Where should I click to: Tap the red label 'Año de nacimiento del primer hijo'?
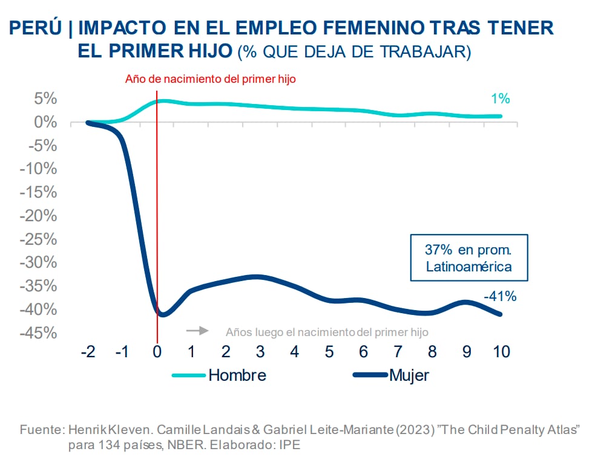point(210,79)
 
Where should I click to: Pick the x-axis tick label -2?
point(88,352)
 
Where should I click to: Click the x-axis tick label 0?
point(157,352)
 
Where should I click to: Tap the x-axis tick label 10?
point(501,352)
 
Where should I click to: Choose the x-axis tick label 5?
point(329,352)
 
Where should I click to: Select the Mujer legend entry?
point(390,375)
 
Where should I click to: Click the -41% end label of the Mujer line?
point(499,296)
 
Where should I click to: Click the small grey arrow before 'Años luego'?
point(197,331)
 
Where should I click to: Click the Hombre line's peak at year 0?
point(160,101)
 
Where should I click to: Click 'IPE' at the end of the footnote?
point(289,444)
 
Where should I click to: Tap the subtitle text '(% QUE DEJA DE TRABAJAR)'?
point(354,51)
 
